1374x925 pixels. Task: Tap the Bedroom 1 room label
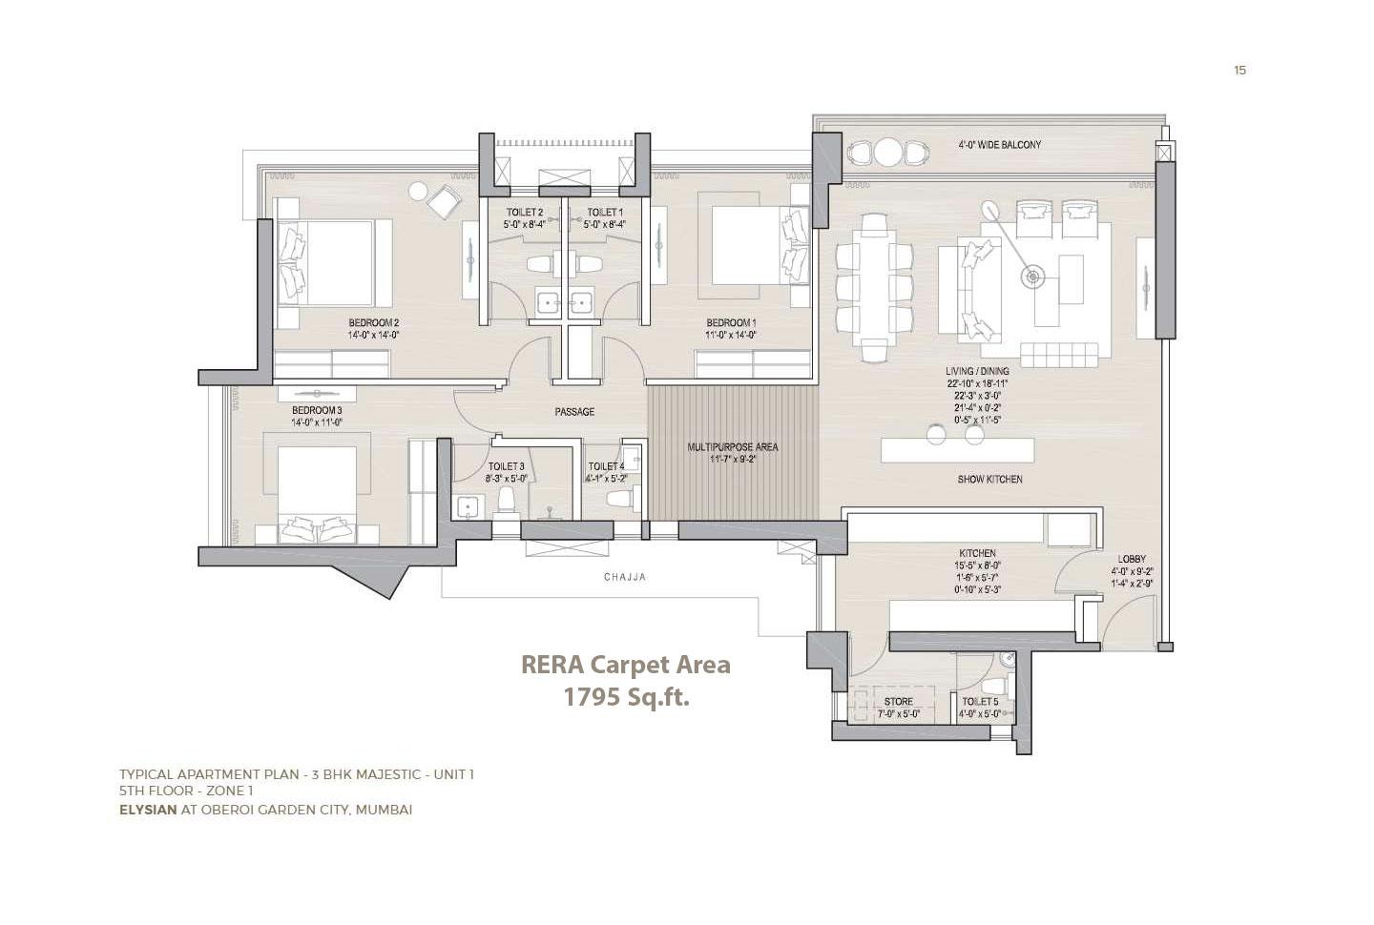pyautogui.click(x=731, y=322)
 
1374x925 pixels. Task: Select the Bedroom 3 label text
pyautogui.click(x=317, y=410)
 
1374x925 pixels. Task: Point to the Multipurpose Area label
pyautogui.click(x=733, y=446)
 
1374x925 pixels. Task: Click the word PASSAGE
pyautogui.click(x=574, y=412)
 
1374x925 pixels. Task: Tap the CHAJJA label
pyautogui.click(x=625, y=577)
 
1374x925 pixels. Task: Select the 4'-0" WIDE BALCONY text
pyautogui.click(x=1000, y=145)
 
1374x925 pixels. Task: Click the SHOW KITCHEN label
pyautogui.click(x=989, y=479)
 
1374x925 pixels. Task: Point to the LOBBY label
pyautogui.click(x=1132, y=559)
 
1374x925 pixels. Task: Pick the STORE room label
pyautogui.click(x=898, y=702)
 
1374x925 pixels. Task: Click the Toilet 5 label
pyautogui.click(x=980, y=702)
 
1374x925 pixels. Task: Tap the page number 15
pyautogui.click(x=1239, y=70)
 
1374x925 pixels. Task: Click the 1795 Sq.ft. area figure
pyautogui.click(x=626, y=697)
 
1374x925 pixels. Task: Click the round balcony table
pyautogui.click(x=888, y=152)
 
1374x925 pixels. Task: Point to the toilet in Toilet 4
pyautogui.click(x=620, y=499)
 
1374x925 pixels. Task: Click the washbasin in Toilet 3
pyautogui.click(x=468, y=507)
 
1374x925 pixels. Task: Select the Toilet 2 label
pyautogui.click(x=524, y=213)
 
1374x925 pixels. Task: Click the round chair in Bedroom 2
pyautogui.click(x=418, y=191)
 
